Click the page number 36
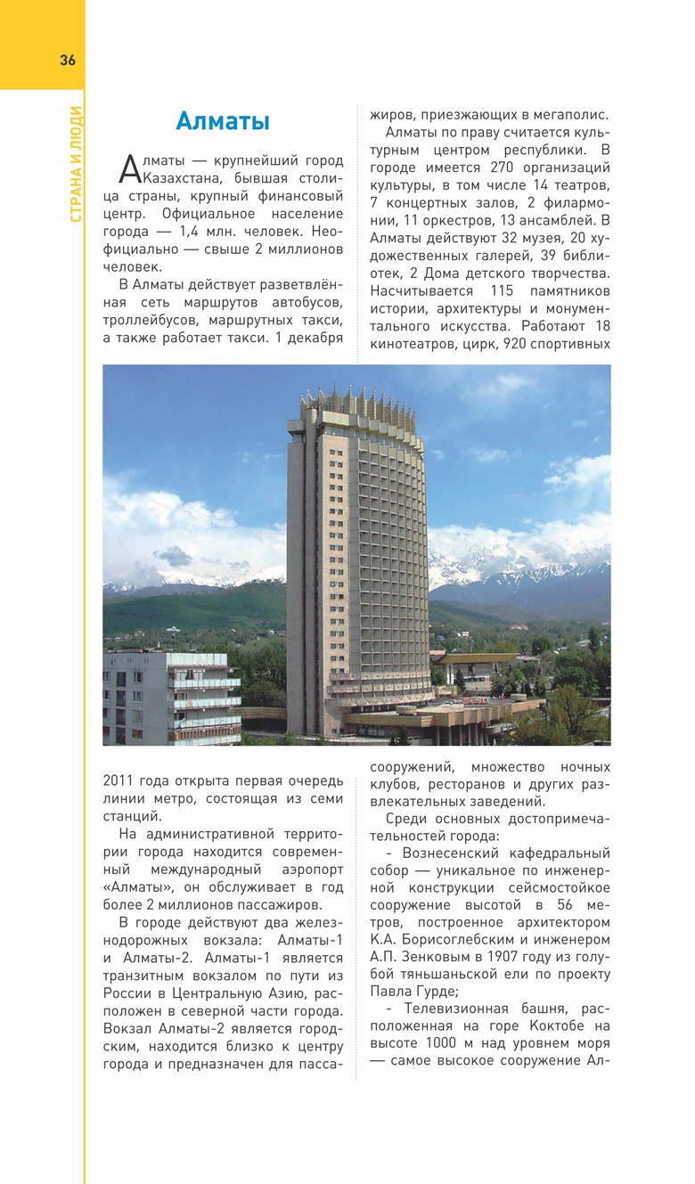pyautogui.click(x=68, y=61)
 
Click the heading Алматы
pyautogui.click(x=223, y=121)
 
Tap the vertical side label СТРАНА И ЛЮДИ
pyautogui.click(x=76, y=164)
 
